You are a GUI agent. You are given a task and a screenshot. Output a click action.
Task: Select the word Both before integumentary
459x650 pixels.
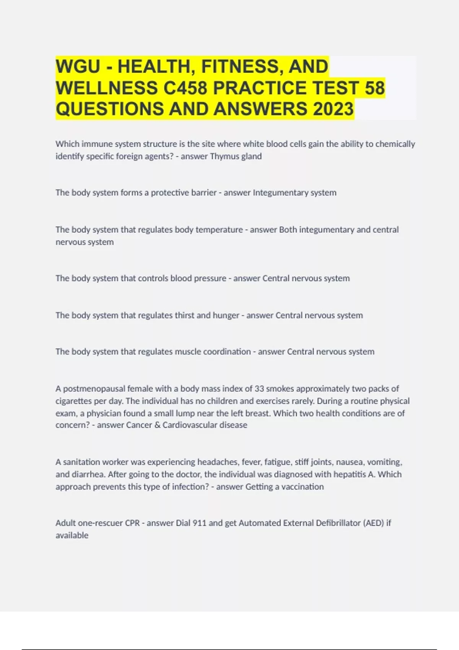pos(288,230)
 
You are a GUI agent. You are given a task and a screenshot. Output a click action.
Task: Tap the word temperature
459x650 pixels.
pos(219,230)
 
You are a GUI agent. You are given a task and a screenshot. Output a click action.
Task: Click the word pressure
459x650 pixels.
pos(210,278)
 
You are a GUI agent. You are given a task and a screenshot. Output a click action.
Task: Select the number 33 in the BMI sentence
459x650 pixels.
pos(259,389)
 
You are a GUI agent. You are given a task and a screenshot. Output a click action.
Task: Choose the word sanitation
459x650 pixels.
pos(81,462)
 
